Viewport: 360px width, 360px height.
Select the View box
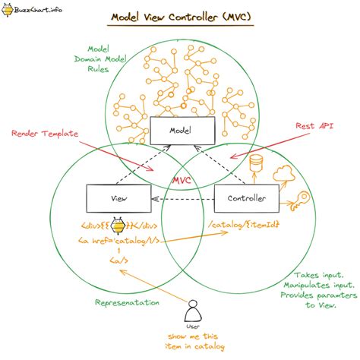119,198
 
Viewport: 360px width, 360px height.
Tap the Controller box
246,198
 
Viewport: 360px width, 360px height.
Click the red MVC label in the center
180,181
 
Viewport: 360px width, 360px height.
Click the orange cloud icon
288,174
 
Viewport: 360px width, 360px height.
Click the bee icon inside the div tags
120,225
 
